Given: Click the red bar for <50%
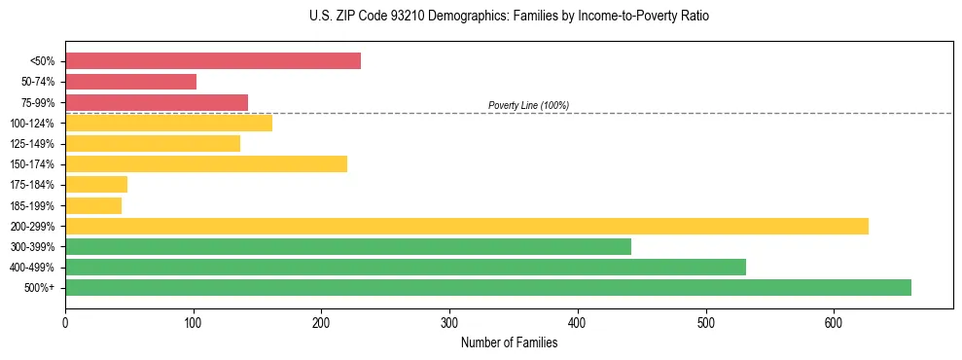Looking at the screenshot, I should [x=213, y=61].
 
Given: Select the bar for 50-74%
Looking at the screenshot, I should [x=131, y=82].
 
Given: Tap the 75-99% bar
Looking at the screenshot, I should [x=157, y=102].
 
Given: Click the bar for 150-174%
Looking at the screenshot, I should [x=206, y=163].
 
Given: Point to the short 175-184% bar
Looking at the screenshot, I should [x=96, y=184].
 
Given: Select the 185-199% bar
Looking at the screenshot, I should [x=93, y=205].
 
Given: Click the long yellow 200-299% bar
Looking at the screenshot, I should [x=467, y=226].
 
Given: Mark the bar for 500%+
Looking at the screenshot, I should [x=488, y=287].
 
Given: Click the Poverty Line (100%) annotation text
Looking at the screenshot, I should [x=528, y=105].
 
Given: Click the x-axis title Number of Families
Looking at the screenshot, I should [x=509, y=342].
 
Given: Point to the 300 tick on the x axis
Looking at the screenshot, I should [x=449, y=322].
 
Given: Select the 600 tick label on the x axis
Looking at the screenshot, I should [x=834, y=322].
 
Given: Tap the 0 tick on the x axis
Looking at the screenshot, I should [x=65, y=322].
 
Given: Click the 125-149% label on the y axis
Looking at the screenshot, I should [x=33, y=144].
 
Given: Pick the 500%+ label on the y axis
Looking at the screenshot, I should [x=40, y=288].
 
